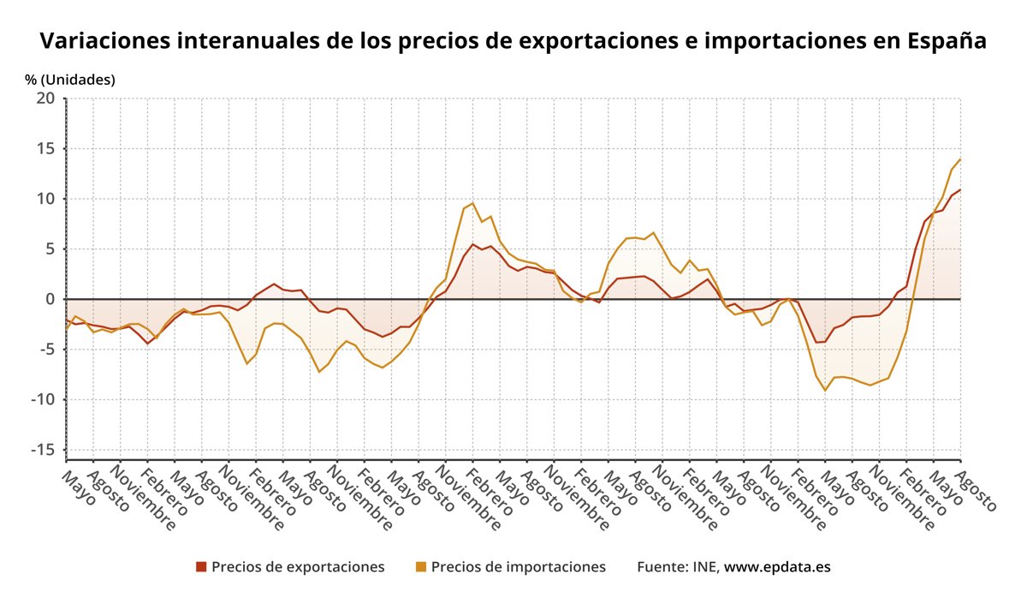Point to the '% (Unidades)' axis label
[x=70, y=80]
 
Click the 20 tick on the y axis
[x=45, y=99]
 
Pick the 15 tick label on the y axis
[x=45, y=149]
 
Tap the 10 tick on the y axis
[x=45, y=199]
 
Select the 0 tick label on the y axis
[x=50, y=299]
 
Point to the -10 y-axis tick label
[x=42, y=399]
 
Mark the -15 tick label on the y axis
[x=42, y=450]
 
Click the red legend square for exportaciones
[x=201, y=566]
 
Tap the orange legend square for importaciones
[x=420, y=566]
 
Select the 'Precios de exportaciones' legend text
[x=298, y=566]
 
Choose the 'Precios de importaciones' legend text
[x=518, y=566]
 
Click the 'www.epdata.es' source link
[x=777, y=566]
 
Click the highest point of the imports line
[x=960, y=159]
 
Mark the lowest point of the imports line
[x=825, y=391]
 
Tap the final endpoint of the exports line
[x=960, y=189]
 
